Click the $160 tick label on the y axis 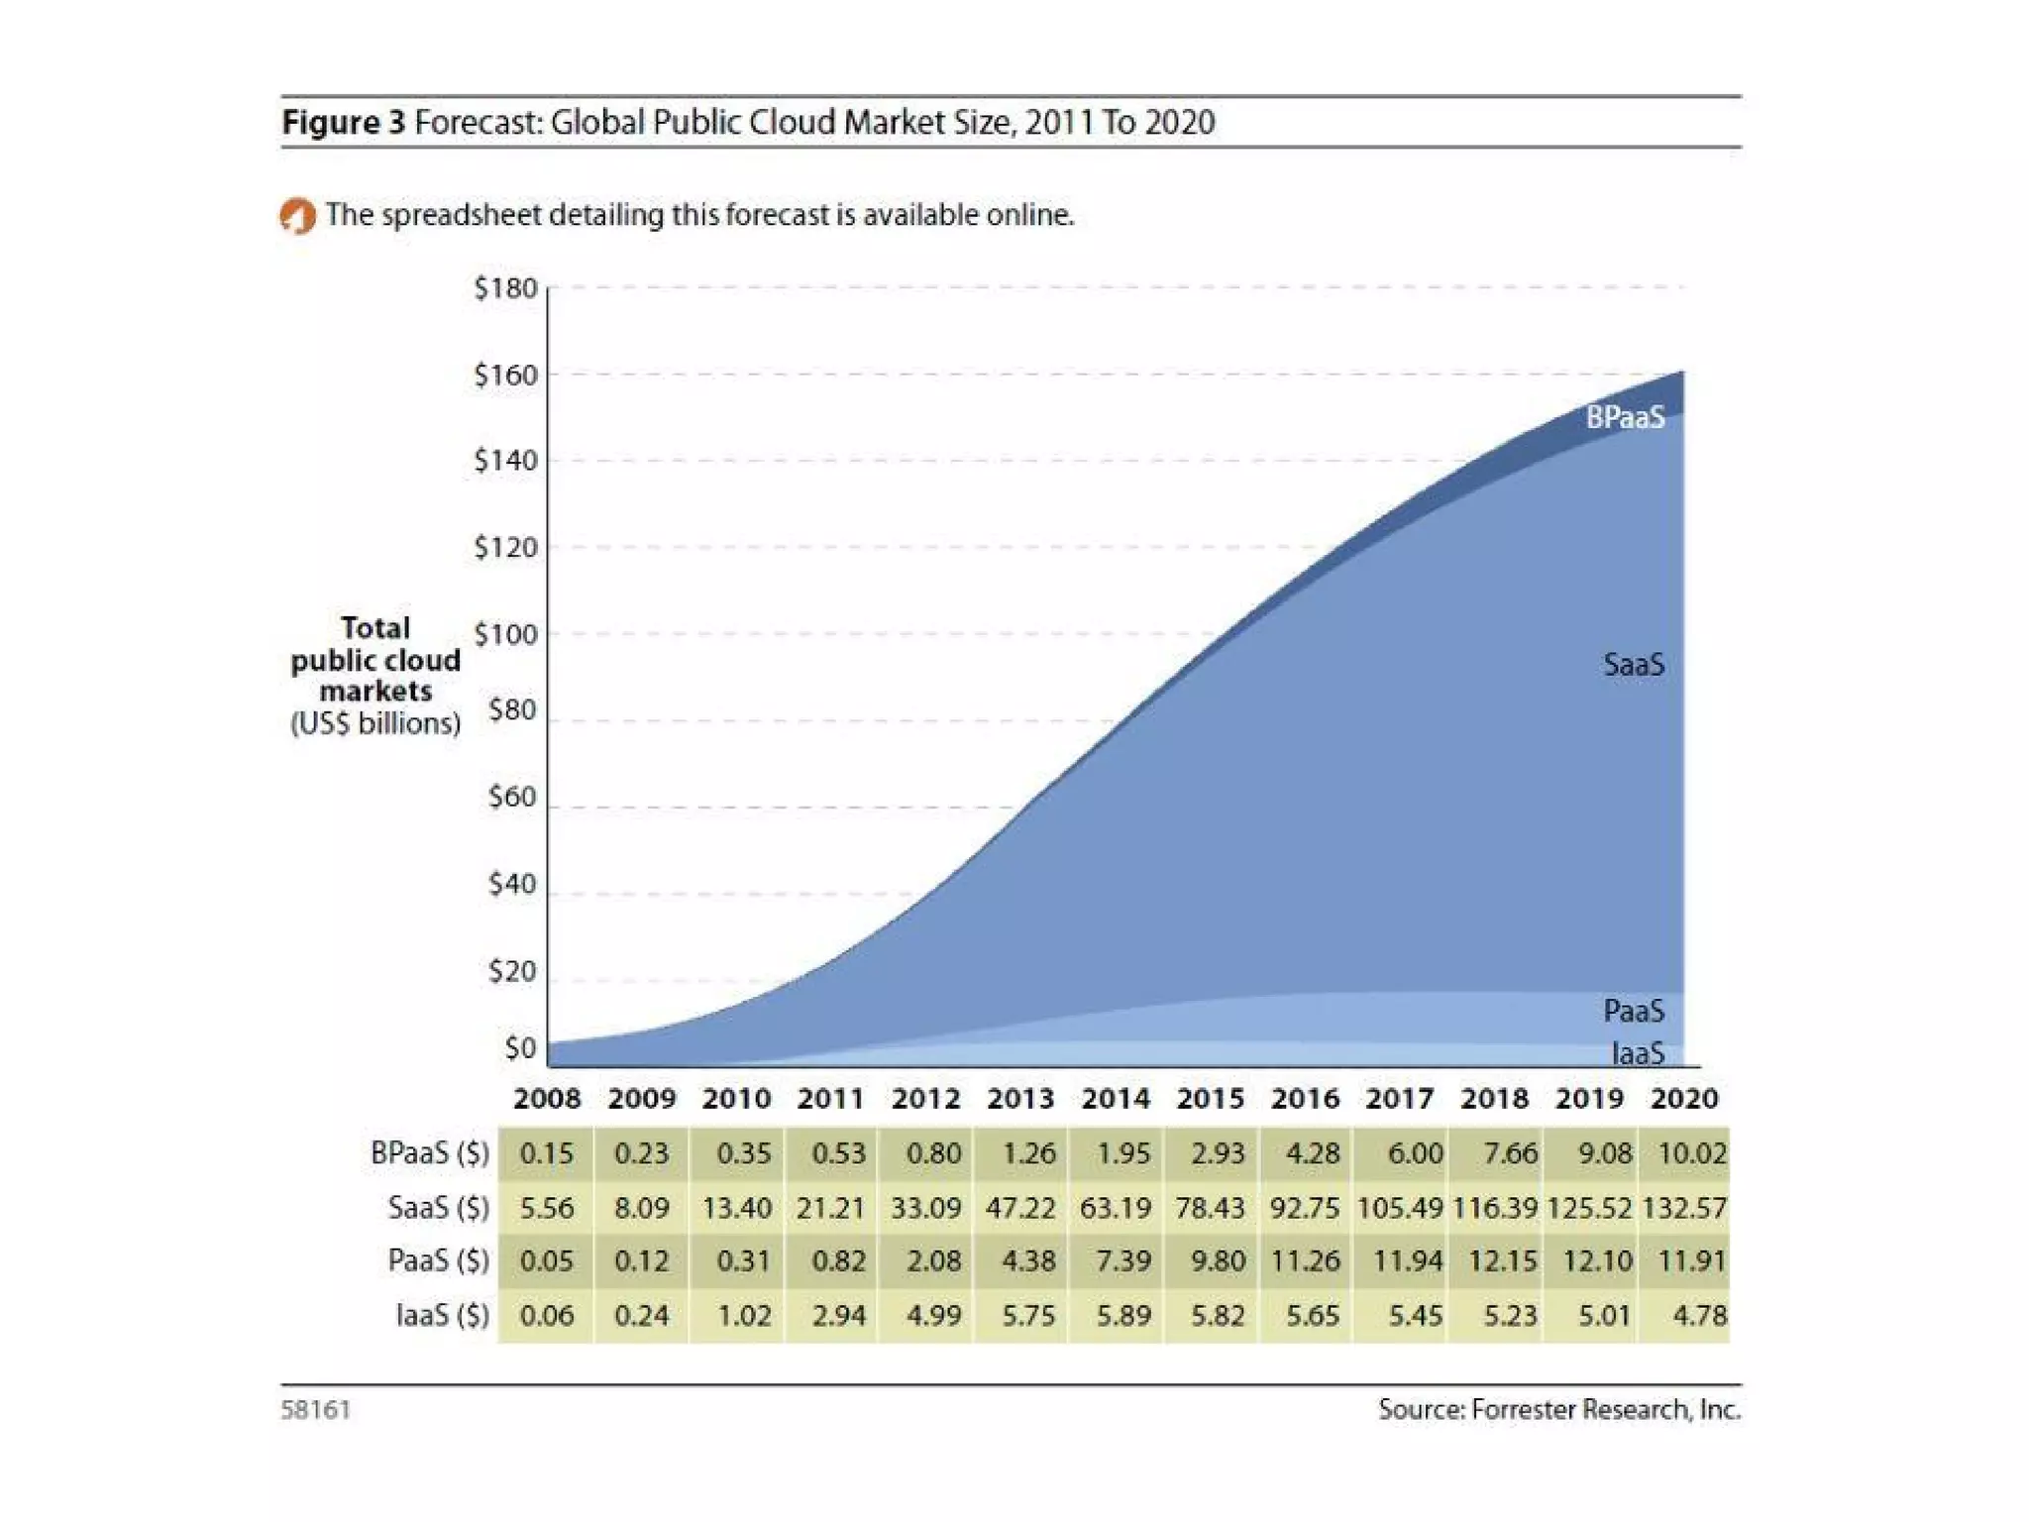tap(505, 375)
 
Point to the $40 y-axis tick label tap(511, 883)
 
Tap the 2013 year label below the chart tap(1020, 1098)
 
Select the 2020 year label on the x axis tap(1684, 1098)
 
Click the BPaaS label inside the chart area tap(1625, 417)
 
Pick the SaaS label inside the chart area tap(1634, 664)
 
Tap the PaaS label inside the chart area tap(1634, 1011)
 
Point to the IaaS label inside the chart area tap(1638, 1053)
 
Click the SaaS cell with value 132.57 tap(1684, 1208)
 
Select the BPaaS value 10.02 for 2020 tap(1692, 1153)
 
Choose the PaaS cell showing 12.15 tap(1502, 1261)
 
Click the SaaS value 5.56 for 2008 tap(546, 1208)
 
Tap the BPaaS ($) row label tap(430, 1153)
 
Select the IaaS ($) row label tap(443, 1316)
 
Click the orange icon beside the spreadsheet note tap(297, 215)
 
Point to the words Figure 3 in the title tap(344, 122)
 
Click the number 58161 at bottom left tap(316, 1409)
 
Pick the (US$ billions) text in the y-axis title tap(375, 723)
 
